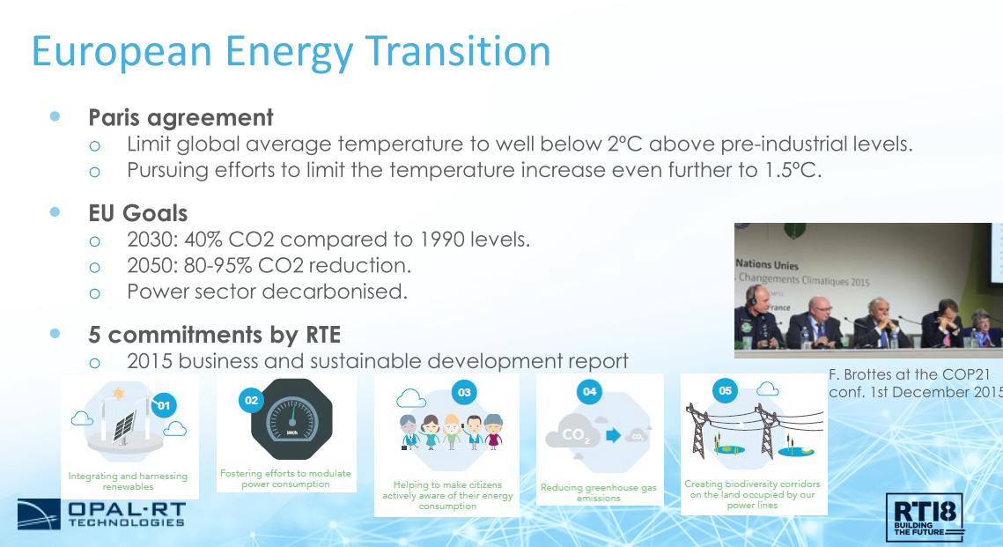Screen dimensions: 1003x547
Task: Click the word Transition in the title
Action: point(458,51)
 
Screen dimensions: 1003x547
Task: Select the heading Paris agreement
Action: point(181,118)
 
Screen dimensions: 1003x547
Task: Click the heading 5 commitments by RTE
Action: point(214,335)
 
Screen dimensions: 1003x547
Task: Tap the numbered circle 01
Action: point(164,405)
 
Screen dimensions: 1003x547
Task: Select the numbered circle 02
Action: point(251,401)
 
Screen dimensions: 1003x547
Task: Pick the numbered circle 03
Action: point(464,392)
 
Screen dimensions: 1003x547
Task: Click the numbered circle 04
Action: point(589,391)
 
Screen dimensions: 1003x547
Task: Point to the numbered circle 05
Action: point(725,390)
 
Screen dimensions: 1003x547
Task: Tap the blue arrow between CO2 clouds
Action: point(614,436)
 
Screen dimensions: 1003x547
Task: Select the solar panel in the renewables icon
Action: point(124,426)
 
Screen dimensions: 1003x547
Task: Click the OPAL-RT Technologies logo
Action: point(101,514)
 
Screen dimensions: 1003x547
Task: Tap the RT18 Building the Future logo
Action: point(925,518)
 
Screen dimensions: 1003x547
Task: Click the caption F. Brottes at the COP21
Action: point(909,375)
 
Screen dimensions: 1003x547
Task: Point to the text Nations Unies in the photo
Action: point(767,264)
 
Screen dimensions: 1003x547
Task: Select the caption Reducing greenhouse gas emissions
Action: point(599,492)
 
